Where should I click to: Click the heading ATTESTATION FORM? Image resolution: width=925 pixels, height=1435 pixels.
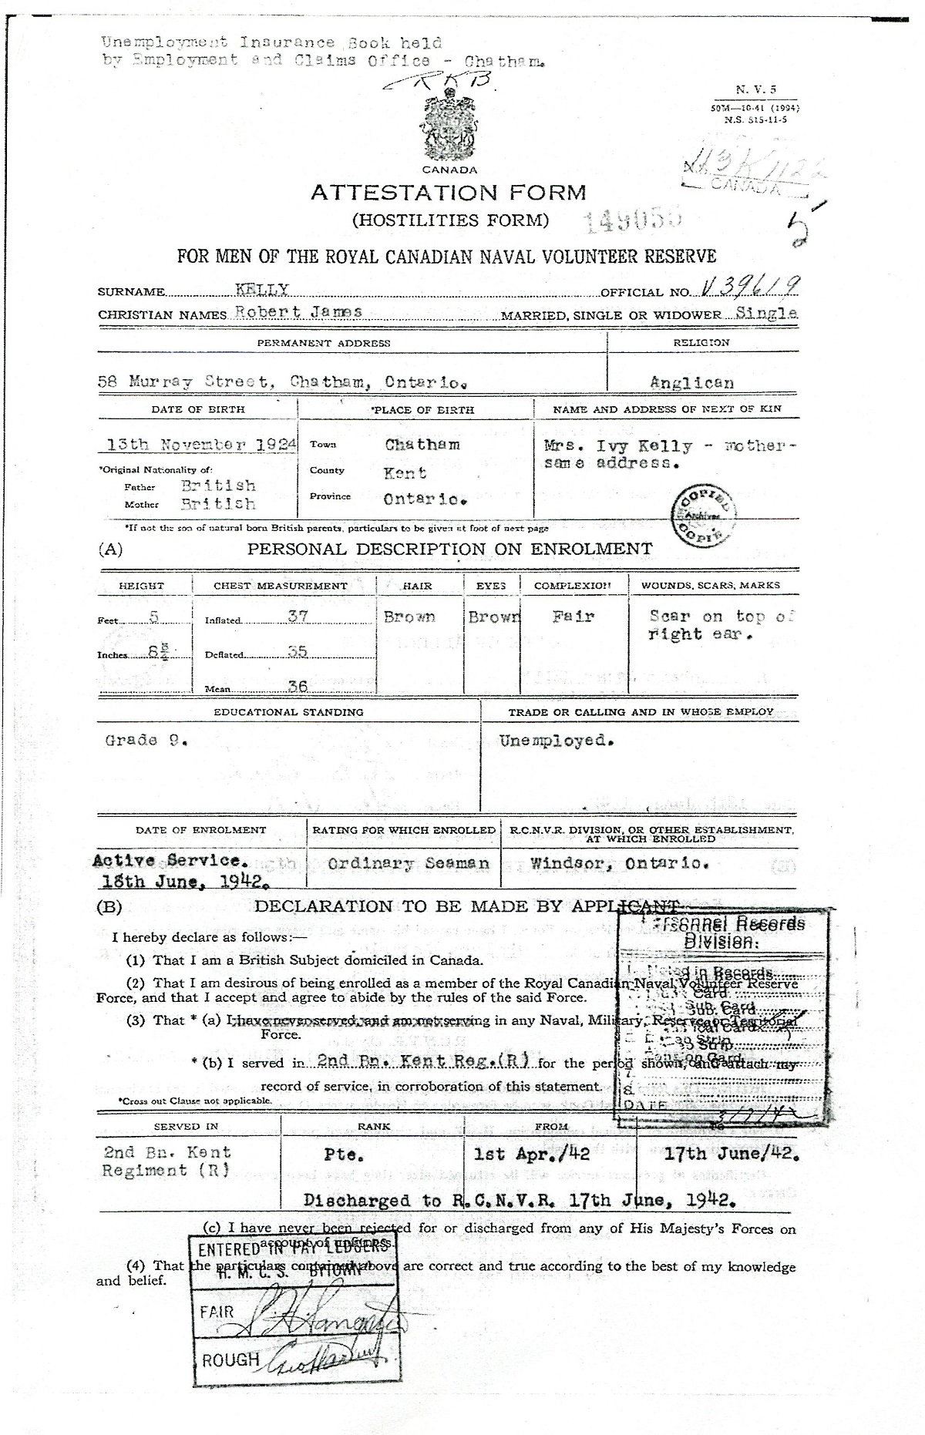448,193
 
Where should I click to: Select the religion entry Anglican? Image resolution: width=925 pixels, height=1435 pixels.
691,381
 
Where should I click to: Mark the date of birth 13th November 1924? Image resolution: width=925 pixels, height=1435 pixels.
197,445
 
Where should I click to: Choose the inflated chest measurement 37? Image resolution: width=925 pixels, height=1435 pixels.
297,617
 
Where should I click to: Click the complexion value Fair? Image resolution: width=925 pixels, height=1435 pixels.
573,617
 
